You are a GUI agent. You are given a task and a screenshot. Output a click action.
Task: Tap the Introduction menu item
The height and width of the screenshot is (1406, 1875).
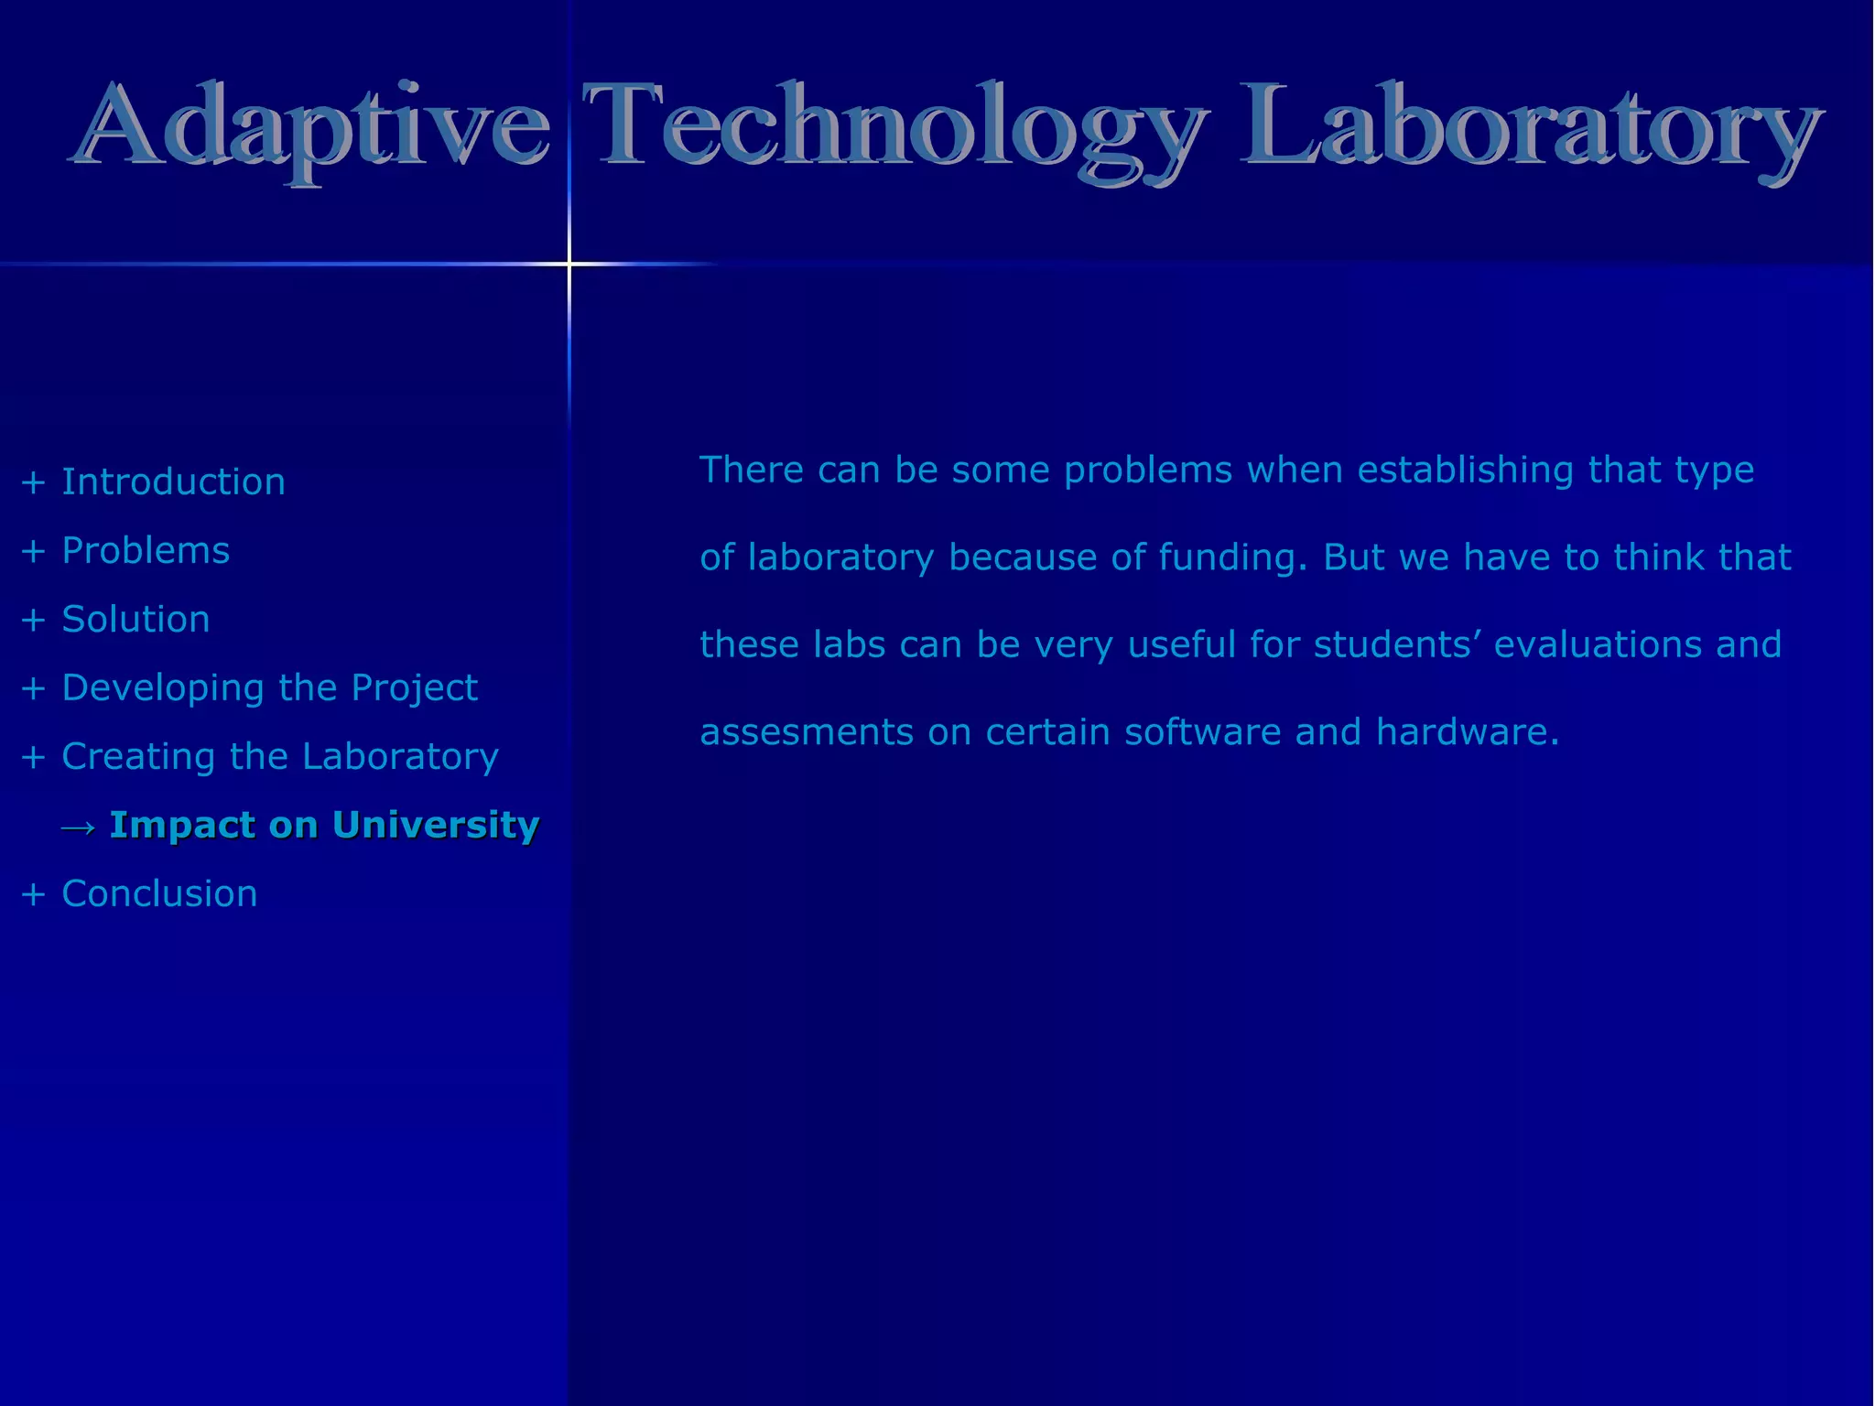pos(173,481)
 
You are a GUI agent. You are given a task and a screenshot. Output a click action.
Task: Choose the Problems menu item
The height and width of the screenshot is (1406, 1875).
pos(146,550)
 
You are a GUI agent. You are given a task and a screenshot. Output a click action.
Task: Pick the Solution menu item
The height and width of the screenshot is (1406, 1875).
pos(135,619)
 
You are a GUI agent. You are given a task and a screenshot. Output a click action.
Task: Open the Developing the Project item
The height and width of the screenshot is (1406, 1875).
pos(269,687)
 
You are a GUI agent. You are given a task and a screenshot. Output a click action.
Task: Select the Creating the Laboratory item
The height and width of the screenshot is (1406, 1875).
pos(279,756)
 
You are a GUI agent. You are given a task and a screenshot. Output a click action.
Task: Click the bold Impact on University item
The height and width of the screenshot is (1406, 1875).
pos(324,825)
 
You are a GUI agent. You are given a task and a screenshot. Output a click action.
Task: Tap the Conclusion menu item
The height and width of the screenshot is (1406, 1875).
pos(159,893)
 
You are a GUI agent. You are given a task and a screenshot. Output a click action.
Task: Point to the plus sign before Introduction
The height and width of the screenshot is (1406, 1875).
pos(33,482)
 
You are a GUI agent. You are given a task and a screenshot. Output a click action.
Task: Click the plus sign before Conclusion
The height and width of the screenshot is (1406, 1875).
pos(33,894)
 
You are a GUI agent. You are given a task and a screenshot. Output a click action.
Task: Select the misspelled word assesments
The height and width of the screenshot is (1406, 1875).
pos(807,732)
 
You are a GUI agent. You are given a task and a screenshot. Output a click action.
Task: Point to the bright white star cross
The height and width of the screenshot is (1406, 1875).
pos(569,265)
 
